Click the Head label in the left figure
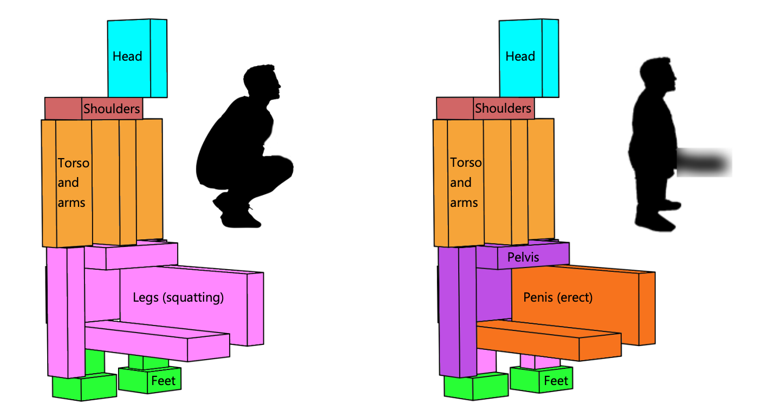click(127, 56)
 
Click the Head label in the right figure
click(520, 56)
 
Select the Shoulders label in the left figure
click(112, 109)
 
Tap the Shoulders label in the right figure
click(503, 108)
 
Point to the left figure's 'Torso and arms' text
click(73, 183)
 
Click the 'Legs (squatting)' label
click(178, 297)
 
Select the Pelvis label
click(523, 257)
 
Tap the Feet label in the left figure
click(164, 381)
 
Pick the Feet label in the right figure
click(556, 381)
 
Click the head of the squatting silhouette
click(262, 84)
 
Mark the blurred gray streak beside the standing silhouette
click(704, 162)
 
